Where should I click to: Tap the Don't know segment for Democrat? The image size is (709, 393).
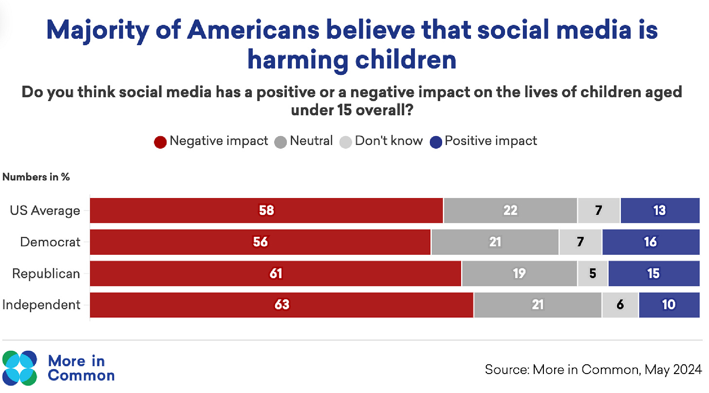pyautogui.click(x=580, y=242)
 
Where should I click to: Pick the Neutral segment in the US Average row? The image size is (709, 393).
pyautogui.click(x=510, y=211)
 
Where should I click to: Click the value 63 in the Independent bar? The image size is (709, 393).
pyautogui.click(x=281, y=305)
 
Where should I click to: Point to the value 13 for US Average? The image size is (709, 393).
pyautogui.click(x=659, y=211)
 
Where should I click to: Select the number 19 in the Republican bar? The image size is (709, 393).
pyautogui.click(x=519, y=273)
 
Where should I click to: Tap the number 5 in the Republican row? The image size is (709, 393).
pyautogui.click(x=593, y=273)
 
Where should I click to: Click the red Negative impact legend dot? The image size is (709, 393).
pyautogui.click(x=161, y=142)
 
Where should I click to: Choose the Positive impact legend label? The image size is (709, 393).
pyautogui.click(x=490, y=141)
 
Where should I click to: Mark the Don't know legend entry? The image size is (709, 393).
pyautogui.click(x=389, y=141)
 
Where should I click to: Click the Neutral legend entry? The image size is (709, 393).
pyautogui.click(x=311, y=141)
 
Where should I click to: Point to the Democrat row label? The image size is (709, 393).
pyautogui.click(x=50, y=242)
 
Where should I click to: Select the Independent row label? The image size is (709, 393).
pyautogui.click(x=41, y=305)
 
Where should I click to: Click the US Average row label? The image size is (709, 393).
pyautogui.click(x=45, y=211)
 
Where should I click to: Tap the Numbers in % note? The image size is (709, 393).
pyautogui.click(x=36, y=177)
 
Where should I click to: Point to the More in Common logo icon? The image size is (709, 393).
pyautogui.click(x=20, y=367)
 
